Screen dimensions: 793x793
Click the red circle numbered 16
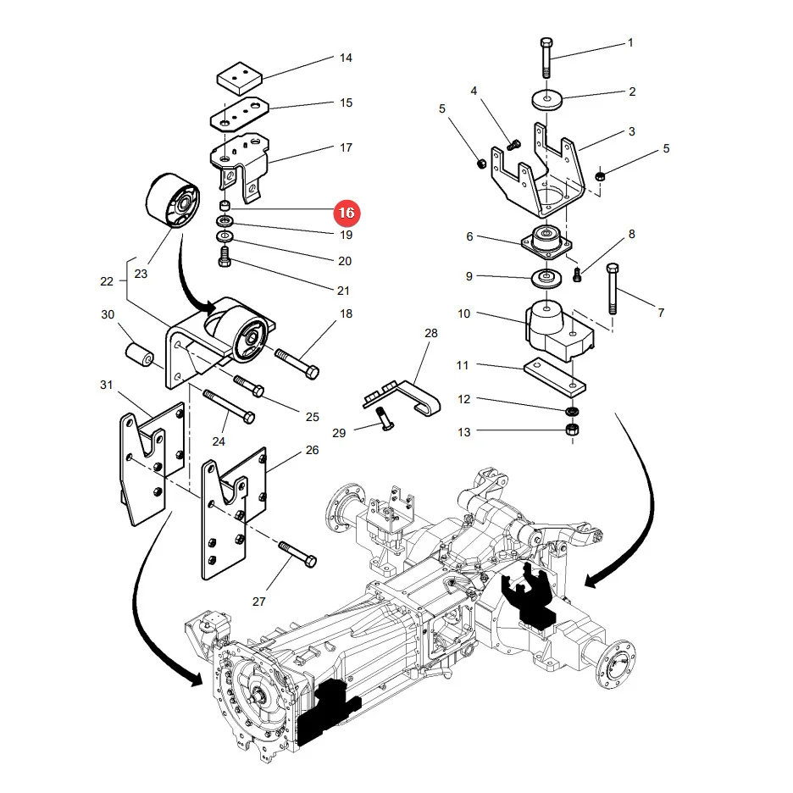point(347,213)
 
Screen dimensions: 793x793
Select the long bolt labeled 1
point(546,58)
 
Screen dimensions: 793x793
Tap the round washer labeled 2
point(547,99)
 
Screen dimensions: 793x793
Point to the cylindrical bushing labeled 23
point(173,200)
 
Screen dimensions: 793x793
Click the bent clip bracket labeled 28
point(402,398)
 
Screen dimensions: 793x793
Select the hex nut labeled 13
point(572,430)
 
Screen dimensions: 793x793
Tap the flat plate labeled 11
point(555,377)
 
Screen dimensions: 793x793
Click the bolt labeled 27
point(298,554)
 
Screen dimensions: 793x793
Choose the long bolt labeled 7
point(613,289)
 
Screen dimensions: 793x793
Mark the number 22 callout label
point(107,281)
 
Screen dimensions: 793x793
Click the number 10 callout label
point(463,313)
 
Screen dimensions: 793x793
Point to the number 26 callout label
point(313,450)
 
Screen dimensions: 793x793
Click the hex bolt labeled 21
point(225,256)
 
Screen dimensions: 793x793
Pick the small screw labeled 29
point(385,419)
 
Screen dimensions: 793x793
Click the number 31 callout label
point(106,385)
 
